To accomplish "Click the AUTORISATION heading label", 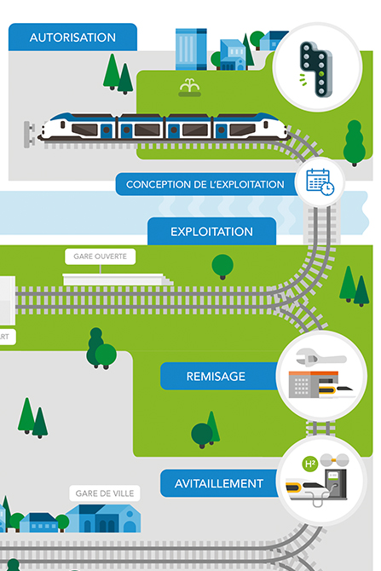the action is (72, 37).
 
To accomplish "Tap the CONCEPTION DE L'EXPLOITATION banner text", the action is (205, 184).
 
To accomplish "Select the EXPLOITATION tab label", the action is (211, 232).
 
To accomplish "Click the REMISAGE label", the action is (216, 376).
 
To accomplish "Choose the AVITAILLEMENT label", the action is (218, 483).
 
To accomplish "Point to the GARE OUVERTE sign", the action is (101, 257).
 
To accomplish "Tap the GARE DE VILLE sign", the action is (105, 493).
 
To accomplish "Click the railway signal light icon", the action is (316, 69).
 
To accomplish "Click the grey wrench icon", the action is (320, 357).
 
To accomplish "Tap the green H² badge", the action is (310, 464).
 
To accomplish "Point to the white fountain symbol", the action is (189, 88).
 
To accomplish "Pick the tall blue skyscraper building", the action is (191, 49).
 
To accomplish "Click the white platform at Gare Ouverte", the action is (118, 280).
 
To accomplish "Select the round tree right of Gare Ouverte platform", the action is (222, 266).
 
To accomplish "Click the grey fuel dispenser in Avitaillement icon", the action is (336, 484).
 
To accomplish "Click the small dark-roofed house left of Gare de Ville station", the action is (38, 522).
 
